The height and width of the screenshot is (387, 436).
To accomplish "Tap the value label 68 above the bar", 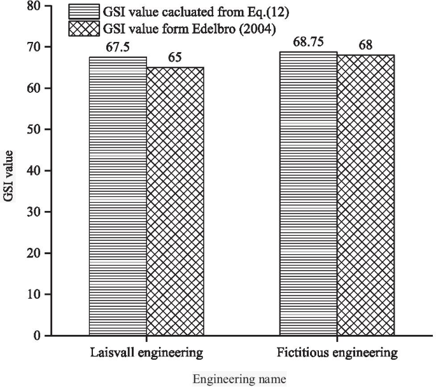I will pos(365,46).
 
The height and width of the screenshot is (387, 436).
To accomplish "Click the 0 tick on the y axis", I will pos(38,336).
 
